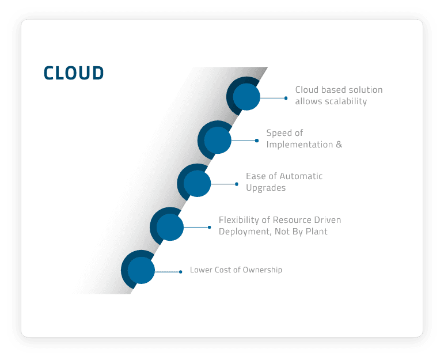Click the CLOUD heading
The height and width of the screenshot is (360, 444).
(x=74, y=73)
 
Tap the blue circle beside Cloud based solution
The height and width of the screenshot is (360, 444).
(x=246, y=97)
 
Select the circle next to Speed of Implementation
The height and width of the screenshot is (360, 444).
(x=217, y=140)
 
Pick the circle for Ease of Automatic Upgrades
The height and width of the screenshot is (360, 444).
(x=197, y=183)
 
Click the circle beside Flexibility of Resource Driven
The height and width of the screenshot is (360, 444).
(x=169, y=227)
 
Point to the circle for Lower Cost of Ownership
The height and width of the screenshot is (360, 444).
(x=141, y=270)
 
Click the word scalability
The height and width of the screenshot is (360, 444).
(x=345, y=101)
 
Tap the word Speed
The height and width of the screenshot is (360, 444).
(x=278, y=133)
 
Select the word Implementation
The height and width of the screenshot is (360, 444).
(x=298, y=145)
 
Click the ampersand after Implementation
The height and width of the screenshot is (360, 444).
(x=339, y=145)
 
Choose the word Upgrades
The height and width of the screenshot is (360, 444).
(x=265, y=188)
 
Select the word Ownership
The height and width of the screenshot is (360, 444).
(x=262, y=270)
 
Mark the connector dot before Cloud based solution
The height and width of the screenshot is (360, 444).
(x=286, y=98)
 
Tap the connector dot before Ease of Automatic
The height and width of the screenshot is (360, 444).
(x=236, y=184)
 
